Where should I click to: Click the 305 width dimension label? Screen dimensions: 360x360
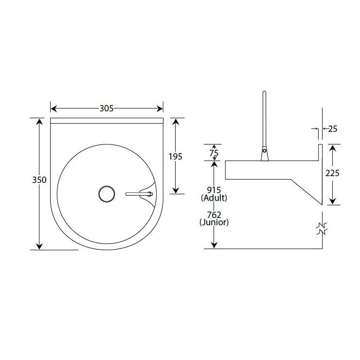(x=107, y=108)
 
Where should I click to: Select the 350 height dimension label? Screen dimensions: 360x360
(x=39, y=180)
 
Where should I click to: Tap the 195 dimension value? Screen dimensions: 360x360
(x=176, y=157)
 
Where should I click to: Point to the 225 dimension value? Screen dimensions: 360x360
(x=332, y=173)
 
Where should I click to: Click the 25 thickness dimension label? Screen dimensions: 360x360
(x=333, y=129)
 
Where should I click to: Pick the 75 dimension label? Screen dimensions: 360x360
(x=214, y=153)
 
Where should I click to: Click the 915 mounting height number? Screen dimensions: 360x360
(x=214, y=190)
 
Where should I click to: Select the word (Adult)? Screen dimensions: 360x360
(x=214, y=198)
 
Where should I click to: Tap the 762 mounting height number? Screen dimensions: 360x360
(x=214, y=215)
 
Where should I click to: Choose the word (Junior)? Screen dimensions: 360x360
(x=214, y=222)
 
